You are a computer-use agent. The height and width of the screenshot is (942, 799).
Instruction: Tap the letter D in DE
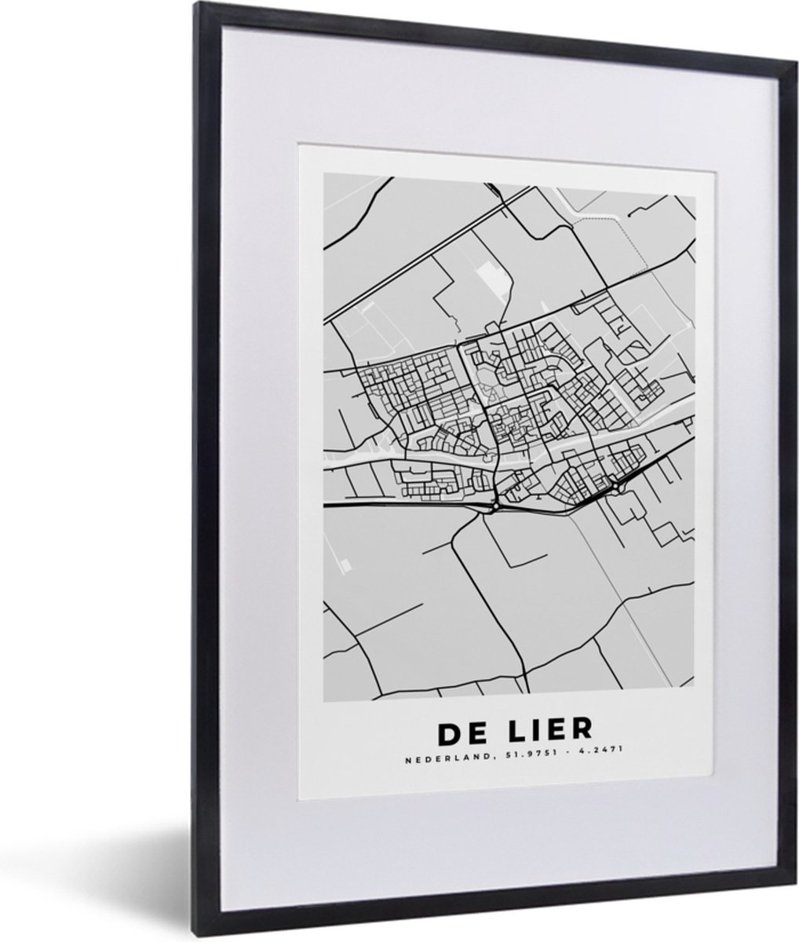pos(451,730)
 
